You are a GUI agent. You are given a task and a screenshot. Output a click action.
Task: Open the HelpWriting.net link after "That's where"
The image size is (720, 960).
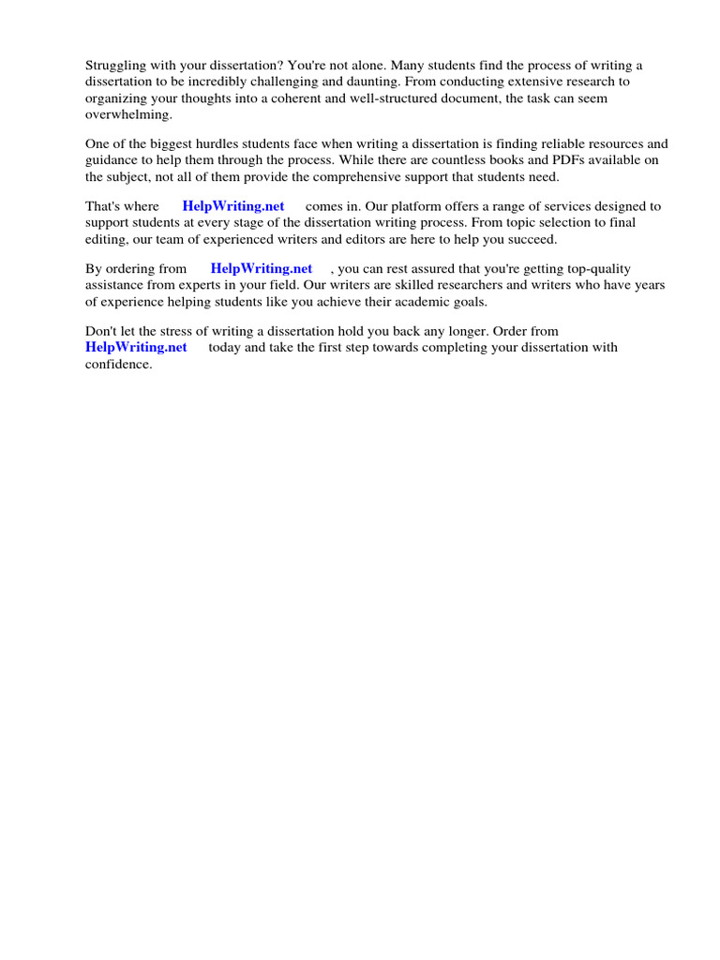[233, 206]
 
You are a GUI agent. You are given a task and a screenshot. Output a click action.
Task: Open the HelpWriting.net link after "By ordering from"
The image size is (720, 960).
[261, 268]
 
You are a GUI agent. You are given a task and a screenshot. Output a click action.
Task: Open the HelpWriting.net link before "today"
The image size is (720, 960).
[136, 347]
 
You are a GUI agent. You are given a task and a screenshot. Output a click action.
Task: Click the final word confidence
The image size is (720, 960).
[118, 365]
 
